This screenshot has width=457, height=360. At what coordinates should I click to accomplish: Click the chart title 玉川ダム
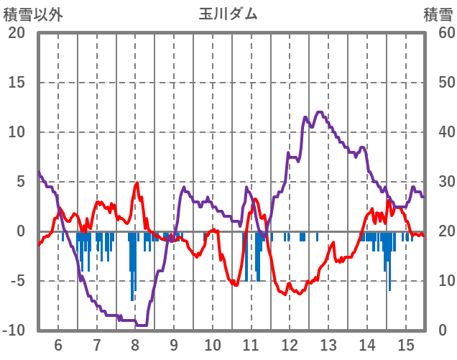(228, 14)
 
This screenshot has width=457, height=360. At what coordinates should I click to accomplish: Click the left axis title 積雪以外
(28, 14)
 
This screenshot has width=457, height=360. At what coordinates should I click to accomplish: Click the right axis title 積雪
(436, 14)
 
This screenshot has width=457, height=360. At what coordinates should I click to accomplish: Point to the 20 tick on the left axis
(17, 33)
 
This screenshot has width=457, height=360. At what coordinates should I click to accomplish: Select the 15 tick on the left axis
(17, 83)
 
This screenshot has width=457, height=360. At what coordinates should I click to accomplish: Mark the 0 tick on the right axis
(442, 331)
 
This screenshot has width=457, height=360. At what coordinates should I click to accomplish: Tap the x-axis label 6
(58, 344)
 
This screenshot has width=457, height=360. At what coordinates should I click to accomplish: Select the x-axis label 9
(174, 344)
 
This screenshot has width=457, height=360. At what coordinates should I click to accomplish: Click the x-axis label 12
(290, 344)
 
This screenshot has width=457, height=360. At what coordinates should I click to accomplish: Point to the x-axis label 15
(406, 344)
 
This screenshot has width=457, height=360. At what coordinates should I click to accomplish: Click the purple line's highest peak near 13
(320, 112)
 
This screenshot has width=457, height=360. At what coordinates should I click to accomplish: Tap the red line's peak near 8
(137, 183)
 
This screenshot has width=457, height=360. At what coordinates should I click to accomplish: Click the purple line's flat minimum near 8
(142, 325)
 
